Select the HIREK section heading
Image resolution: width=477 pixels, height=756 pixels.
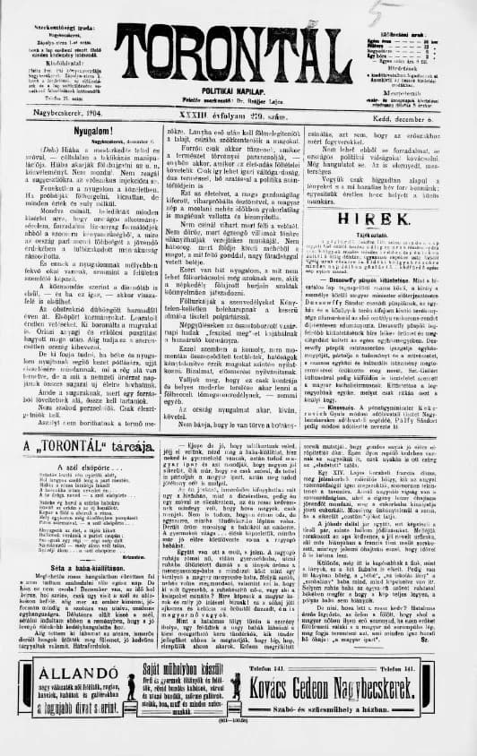click(386, 216)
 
